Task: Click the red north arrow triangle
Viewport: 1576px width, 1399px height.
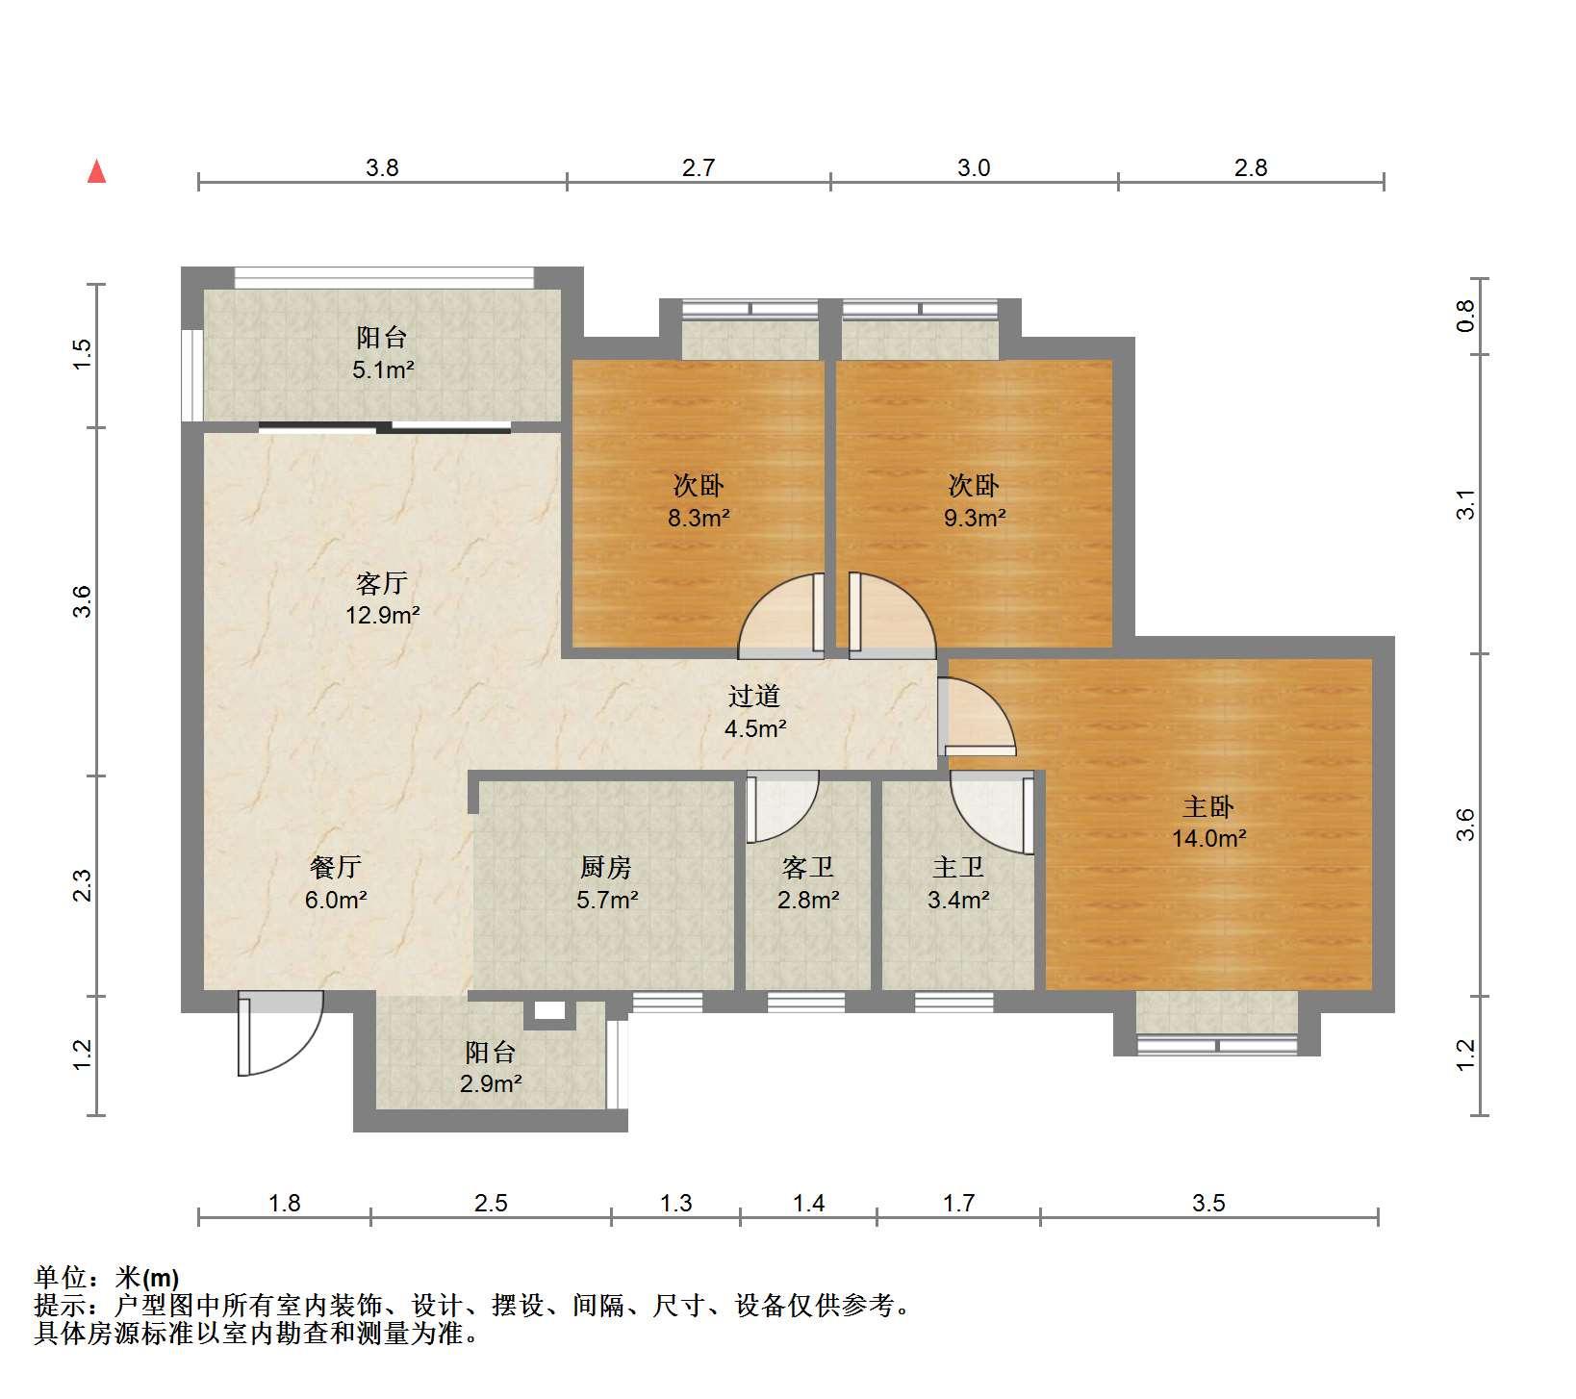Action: tap(96, 171)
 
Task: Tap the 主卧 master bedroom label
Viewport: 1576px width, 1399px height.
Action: tap(1207, 806)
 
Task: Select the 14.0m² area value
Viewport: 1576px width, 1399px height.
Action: tap(1208, 838)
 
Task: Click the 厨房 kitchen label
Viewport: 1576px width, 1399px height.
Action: tap(606, 868)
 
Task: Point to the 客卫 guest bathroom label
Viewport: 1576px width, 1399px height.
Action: tap(808, 868)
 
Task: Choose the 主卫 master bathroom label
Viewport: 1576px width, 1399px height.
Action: tap(958, 868)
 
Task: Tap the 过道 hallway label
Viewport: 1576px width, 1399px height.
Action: tap(753, 696)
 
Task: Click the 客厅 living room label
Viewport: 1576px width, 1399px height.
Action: tap(382, 583)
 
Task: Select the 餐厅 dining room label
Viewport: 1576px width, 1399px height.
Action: tap(336, 868)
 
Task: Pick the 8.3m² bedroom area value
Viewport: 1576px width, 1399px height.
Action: tap(699, 519)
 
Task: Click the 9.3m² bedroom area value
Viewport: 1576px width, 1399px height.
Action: tap(975, 519)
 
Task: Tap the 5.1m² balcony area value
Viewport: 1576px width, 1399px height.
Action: tap(383, 369)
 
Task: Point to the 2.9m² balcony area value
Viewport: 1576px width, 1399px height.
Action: tap(491, 1084)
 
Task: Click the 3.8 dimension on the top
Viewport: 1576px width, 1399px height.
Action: tap(382, 168)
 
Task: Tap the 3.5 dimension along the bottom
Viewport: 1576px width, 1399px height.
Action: tap(1208, 1204)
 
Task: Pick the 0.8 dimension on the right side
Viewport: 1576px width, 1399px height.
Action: tap(1465, 317)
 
